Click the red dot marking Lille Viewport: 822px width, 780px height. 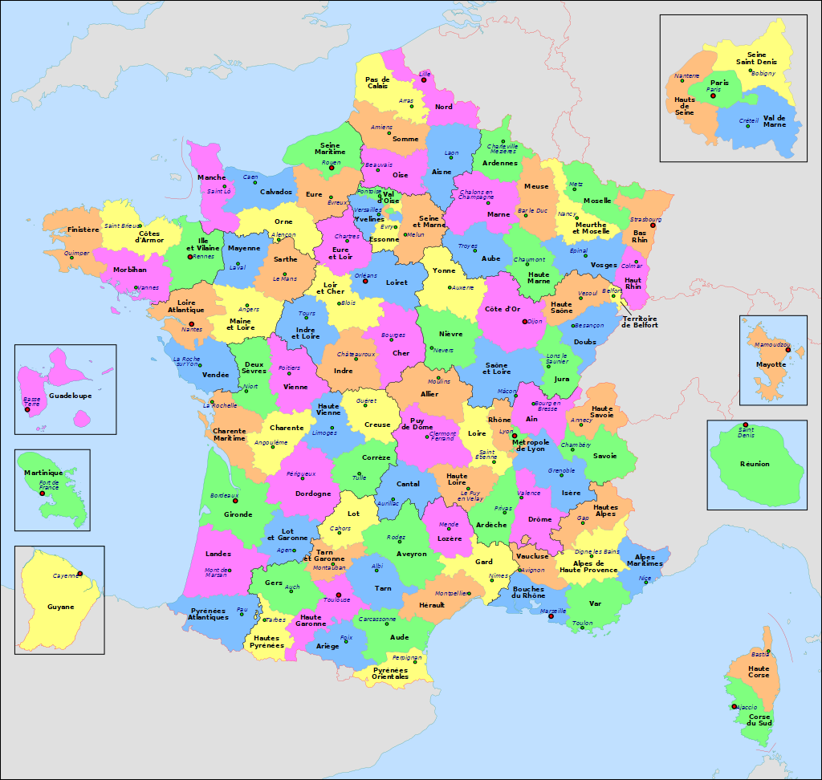point(423,79)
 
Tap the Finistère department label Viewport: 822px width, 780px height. point(83,230)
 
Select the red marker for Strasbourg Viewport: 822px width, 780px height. point(653,225)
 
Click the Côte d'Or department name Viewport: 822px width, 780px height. point(503,309)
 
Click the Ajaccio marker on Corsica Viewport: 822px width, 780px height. point(734,706)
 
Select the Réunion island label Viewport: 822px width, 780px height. point(755,464)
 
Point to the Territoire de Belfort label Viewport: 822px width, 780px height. point(640,321)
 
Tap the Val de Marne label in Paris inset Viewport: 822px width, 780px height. point(775,121)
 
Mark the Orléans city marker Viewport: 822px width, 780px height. point(365,281)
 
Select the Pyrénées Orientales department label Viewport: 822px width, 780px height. point(391,672)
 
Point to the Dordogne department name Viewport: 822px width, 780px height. point(313,494)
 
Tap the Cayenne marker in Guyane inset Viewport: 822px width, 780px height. point(80,574)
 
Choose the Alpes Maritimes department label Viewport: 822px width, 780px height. point(649,560)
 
